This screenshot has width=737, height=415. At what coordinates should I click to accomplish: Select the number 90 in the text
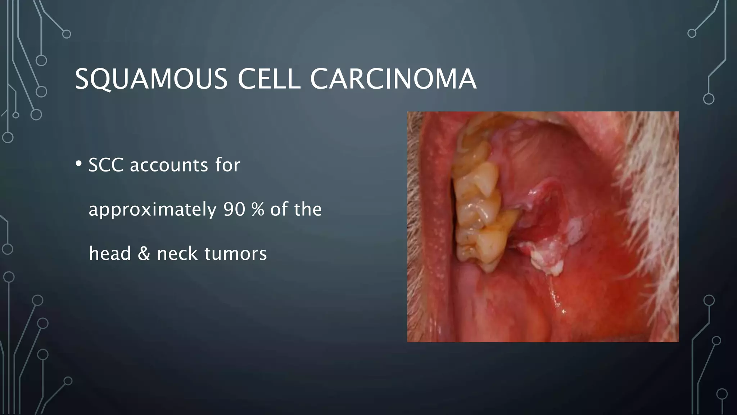click(234, 209)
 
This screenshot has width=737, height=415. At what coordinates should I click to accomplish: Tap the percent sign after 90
click(258, 209)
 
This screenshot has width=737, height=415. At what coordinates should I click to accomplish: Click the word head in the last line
click(110, 253)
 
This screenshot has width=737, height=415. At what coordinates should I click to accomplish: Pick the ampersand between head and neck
click(144, 253)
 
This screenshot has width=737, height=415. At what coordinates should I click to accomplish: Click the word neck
click(177, 253)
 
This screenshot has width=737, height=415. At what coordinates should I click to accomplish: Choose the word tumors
click(235, 253)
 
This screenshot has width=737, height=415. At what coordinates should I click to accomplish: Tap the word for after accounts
click(227, 165)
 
